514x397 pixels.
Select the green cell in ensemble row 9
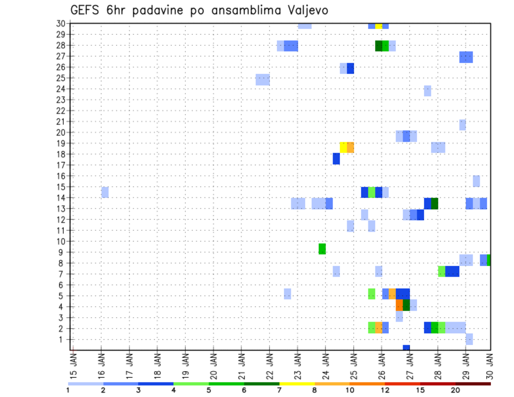point(322,249)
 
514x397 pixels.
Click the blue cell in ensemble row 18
point(336,159)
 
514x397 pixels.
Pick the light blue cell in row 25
point(262,80)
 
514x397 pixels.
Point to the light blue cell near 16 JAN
point(105,192)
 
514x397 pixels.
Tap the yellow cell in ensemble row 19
point(343,147)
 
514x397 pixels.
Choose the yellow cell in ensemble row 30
point(379,26)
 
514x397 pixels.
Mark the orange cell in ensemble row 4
point(399,305)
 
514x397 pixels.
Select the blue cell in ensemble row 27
point(466,57)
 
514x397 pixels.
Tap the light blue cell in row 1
point(469,339)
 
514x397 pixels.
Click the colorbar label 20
point(456,390)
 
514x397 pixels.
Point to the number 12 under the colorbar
point(385,390)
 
